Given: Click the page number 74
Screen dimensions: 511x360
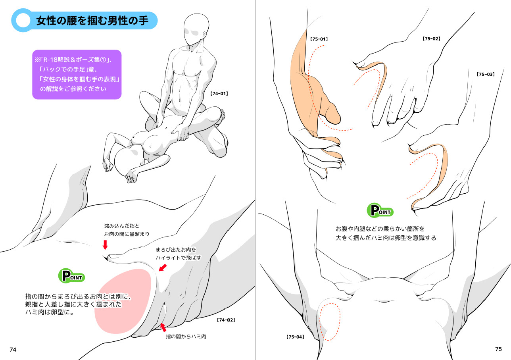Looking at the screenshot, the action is pos(13,350).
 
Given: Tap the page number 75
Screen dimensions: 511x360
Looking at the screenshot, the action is pos(498,349).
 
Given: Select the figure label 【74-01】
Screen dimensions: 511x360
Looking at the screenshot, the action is pos(219,93).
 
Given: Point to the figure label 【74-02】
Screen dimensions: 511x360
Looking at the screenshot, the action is pos(226,320).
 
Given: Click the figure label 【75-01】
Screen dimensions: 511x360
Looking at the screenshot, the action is pos(319,39).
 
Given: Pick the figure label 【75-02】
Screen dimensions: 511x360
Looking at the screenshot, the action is pos(431,39).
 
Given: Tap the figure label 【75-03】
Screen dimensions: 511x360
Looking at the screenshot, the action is pos(486,74).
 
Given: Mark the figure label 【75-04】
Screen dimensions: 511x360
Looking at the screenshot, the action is pos(295,337).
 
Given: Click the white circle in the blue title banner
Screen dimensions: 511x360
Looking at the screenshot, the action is pos(23,20).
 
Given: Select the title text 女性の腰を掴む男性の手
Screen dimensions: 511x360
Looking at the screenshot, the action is pos(92,21).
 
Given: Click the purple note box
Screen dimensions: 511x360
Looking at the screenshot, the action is pos(77,75).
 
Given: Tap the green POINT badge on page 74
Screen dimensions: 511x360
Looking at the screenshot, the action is pos(72,276).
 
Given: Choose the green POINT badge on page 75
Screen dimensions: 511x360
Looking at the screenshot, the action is pos(380,210).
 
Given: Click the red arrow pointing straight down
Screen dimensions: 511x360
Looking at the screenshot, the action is pos(105,245).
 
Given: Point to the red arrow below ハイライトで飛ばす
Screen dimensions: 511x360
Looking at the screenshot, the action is pos(163,268).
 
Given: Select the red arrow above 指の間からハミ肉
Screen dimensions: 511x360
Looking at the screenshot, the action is pos(163,327).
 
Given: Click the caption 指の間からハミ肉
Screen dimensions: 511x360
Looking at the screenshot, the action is pos(186,337).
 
